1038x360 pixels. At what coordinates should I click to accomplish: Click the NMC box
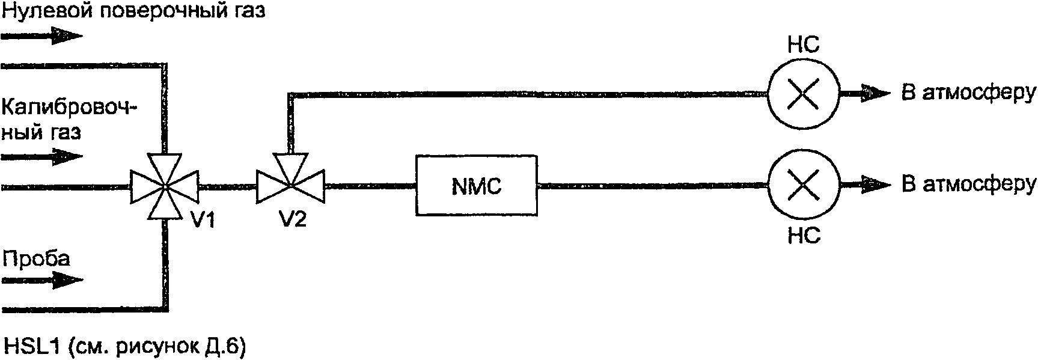click(x=476, y=186)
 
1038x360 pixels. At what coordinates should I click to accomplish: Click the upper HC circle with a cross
click(x=803, y=94)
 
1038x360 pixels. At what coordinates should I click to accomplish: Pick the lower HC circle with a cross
click(x=803, y=186)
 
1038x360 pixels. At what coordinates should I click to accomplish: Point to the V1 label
click(x=203, y=221)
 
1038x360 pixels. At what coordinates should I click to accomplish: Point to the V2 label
click(x=293, y=221)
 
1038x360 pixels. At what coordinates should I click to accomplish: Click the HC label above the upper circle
click(x=803, y=45)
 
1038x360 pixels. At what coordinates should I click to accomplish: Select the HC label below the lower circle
click(x=804, y=236)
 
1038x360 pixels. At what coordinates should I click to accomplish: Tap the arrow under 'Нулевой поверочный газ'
click(x=42, y=36)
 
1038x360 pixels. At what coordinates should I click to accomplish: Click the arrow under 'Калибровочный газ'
click(x=42, y=157)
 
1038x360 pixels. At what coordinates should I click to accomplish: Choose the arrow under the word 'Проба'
click(x=42, y=280)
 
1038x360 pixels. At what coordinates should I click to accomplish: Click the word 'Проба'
click(x=37, y=258)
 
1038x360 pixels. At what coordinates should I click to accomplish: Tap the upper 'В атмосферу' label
click(x=968, y=93)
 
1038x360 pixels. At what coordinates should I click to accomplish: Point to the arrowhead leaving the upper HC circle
click(x=878, y=94)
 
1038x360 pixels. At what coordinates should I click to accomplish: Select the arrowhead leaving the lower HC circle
click(x=878, y=186)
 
